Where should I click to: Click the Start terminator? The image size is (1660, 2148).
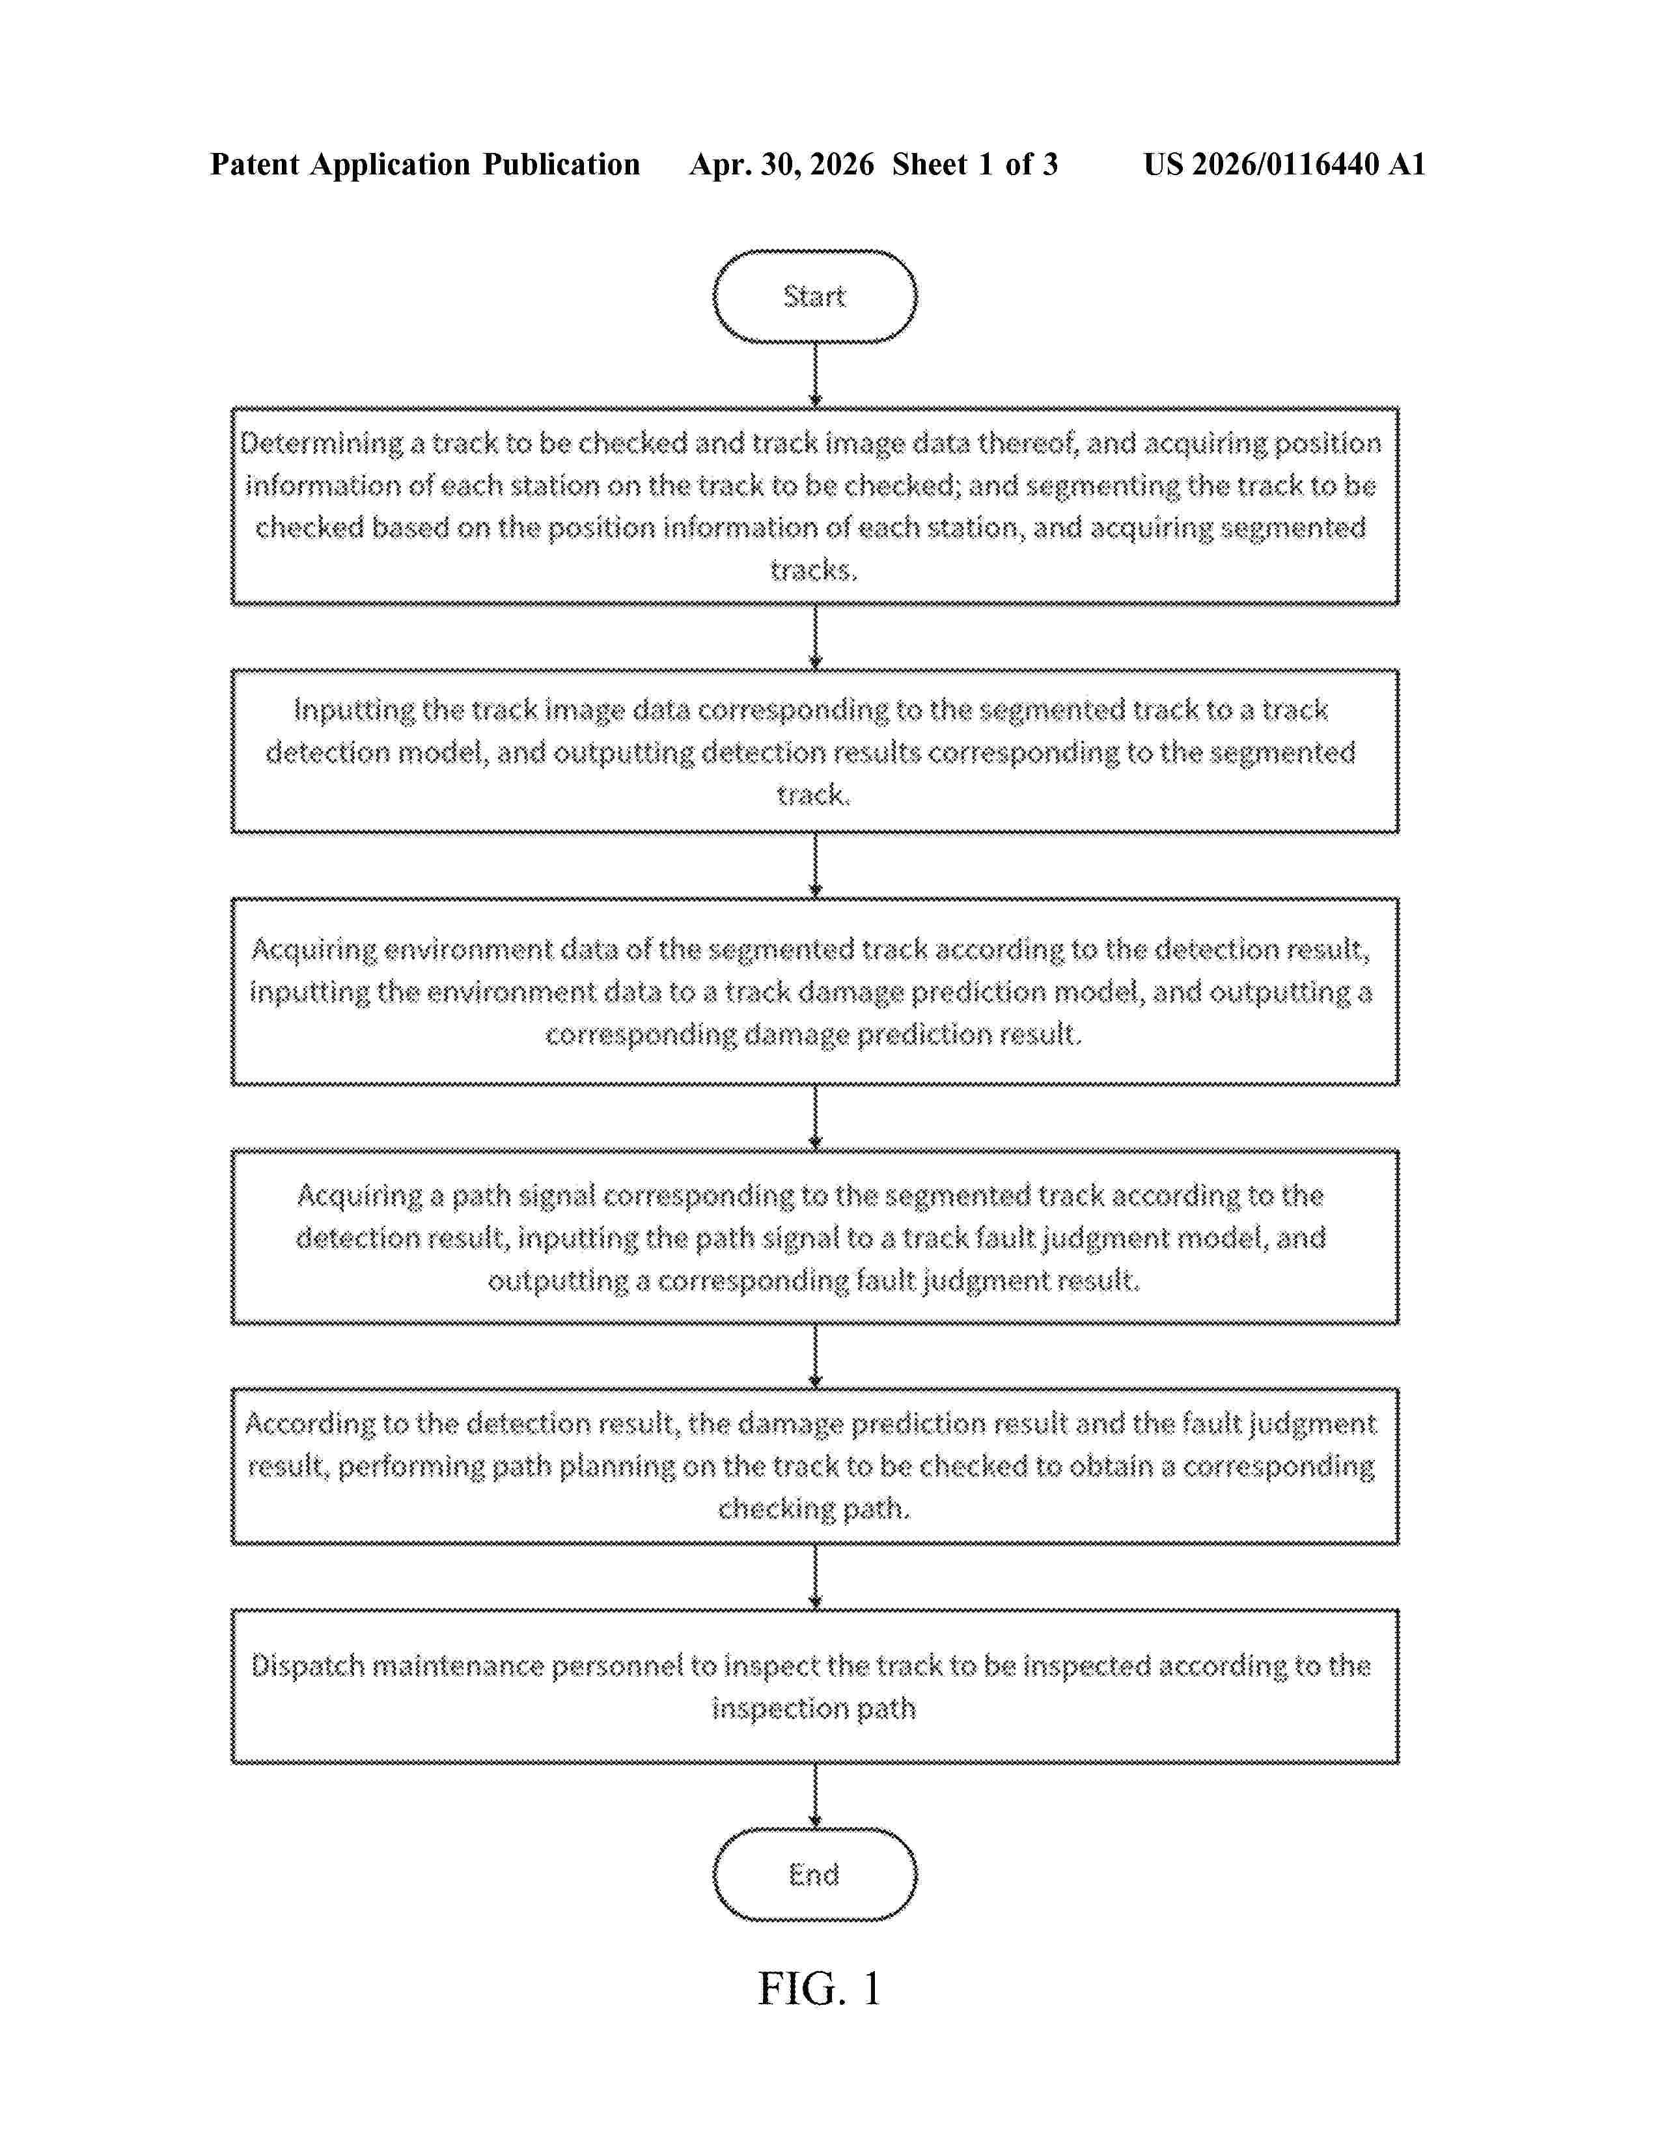pos(814,296)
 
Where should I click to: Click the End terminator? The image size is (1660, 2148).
pos(814,1873)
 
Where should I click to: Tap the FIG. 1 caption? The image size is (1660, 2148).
pos(819,1989)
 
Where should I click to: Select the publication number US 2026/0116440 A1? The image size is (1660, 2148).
pos(1284,164)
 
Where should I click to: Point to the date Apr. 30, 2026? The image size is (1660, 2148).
pos(782,164)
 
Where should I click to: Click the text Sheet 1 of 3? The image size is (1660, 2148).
pos(975,164)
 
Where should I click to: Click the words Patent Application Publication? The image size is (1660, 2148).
pos(425,164)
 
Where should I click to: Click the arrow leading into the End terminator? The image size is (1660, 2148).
pos(815,1796)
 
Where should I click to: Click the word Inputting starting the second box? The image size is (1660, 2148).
pos(354,710)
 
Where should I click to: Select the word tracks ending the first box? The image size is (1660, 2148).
pos(813,570)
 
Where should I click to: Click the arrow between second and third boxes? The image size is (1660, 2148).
pos(815,866)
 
